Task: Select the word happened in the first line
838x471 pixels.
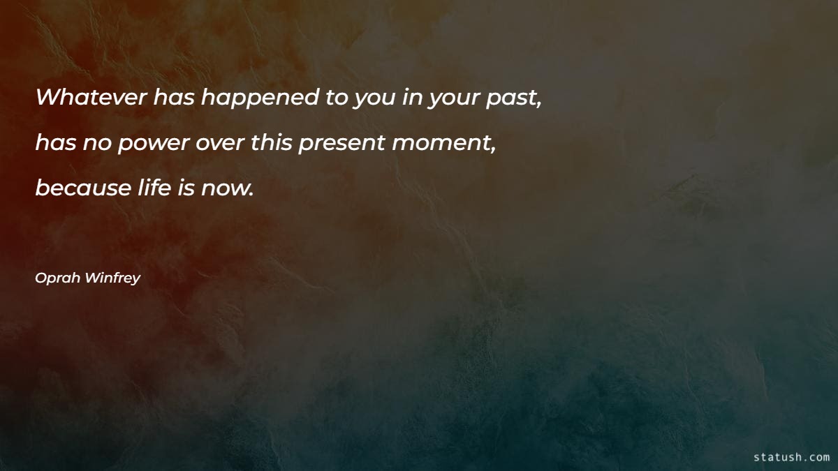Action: coord(259,98)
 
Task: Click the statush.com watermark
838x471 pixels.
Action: coord(791,457)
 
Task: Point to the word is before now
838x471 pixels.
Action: coord(185,188)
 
